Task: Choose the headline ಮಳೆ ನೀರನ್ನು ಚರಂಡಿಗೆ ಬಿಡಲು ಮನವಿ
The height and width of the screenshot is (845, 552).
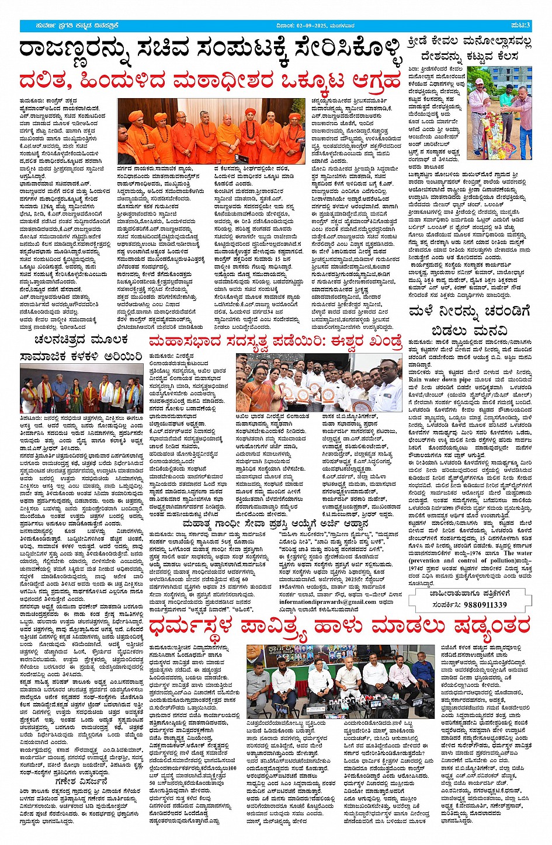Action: click(x=470, y=321)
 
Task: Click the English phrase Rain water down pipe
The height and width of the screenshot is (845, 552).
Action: click(x=439, y=380)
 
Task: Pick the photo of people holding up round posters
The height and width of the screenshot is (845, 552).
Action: click(x=319, y=382)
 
